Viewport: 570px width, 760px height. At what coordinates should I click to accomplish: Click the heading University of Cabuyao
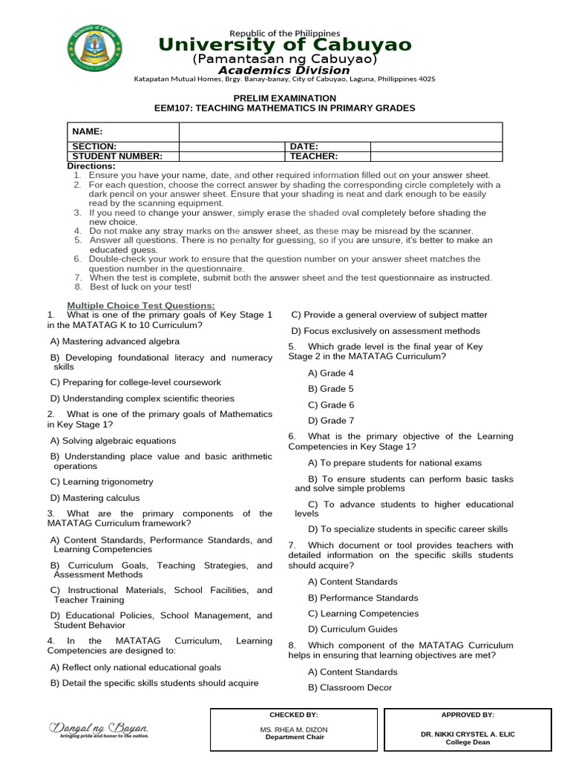click(x=285, y=45)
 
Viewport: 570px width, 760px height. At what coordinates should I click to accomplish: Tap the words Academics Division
click(x=285, y=71)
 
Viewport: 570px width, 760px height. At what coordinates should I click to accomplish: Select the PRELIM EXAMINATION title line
click(x=285, y=98)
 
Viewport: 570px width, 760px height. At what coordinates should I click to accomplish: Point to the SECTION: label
click(x=94, y=147)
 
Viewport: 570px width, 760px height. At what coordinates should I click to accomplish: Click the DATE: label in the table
click(x=304, y=147)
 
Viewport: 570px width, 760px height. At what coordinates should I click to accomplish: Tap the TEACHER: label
click(x=314, y=157)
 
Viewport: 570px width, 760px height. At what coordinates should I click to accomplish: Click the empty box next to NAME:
click(x=341, y=131)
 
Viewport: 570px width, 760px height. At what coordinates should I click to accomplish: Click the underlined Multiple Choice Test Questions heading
click(x=141, y=306)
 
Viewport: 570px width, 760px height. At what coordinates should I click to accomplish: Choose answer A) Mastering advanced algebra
click(x=115, y=341)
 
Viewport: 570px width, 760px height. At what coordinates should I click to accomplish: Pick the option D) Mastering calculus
click(x=95, y=498)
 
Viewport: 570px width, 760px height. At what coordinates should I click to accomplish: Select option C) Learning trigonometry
click(x=102, y=482)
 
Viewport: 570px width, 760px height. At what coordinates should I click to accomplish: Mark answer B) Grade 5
click(x=331, y=389)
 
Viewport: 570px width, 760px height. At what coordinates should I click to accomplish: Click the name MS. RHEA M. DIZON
click(x=294, y=730)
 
